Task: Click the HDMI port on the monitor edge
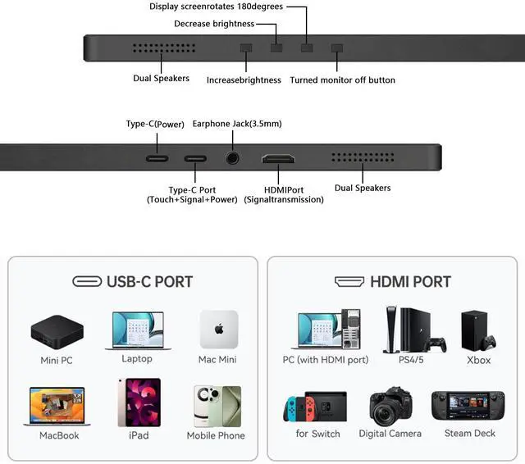coord(279,159)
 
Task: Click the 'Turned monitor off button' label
coord(342,80)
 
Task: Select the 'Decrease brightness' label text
coord(213,24)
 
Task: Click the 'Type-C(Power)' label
coord(155,124)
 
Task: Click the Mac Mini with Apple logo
coord(218,330)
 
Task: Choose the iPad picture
coord(139,403)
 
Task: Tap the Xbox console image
coord(478,330)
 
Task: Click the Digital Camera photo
coord(390,406)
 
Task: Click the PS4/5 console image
coord(413,328)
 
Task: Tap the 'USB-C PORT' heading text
coord(149,282)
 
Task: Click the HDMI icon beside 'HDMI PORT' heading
coord(349,282)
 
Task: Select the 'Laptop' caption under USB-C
coord(137,359)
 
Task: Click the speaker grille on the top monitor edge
coord(160,47)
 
